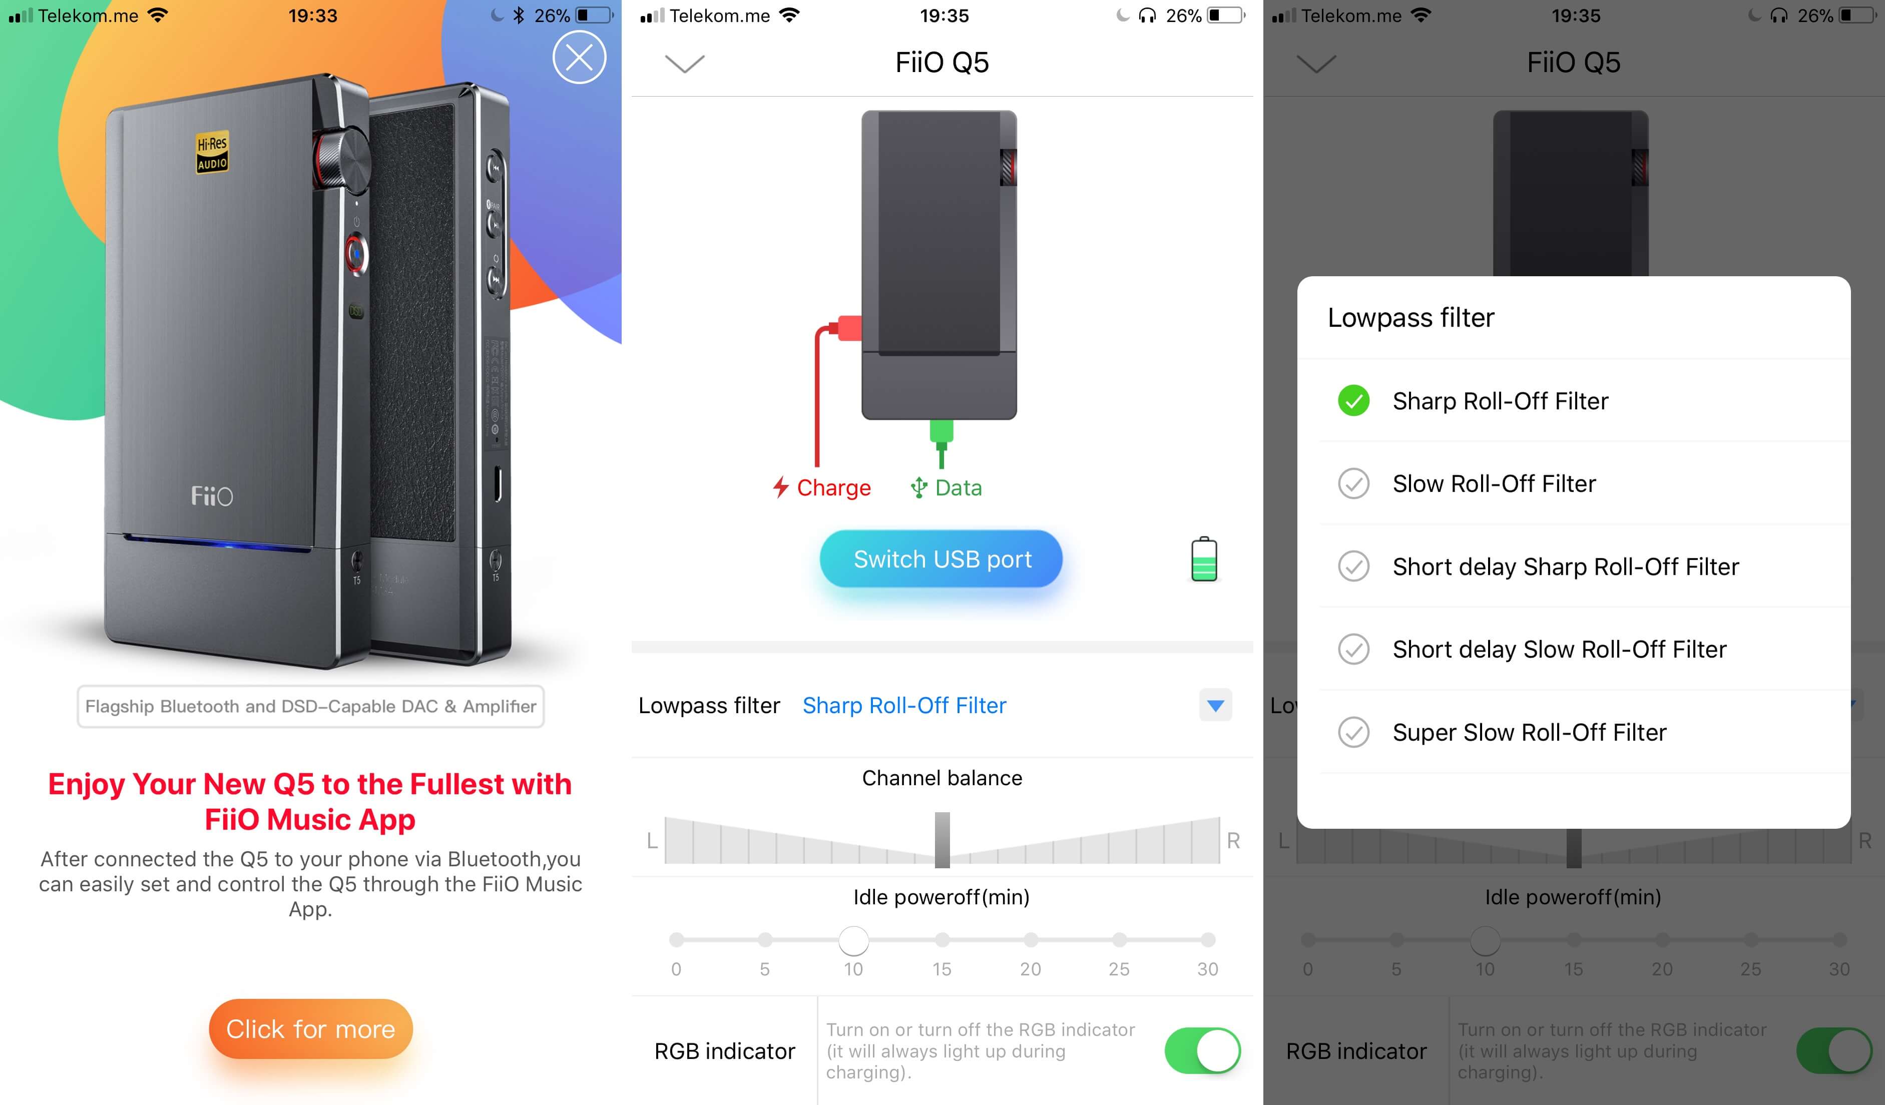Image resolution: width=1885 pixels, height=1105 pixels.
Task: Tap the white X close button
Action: click(x=579, y=57)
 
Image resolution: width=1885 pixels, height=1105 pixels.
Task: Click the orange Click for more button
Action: click(x=310, y=1029)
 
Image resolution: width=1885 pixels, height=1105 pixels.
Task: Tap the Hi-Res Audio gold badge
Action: click(x=212, y=153)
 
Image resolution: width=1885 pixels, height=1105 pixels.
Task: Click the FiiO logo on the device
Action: click(x=212, y=495)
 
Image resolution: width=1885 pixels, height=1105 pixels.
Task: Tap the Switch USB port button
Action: click(x=942, y=559)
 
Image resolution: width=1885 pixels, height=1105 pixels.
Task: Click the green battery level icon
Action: click(x=1204, y=559)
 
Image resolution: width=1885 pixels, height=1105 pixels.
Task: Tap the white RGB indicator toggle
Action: click(x=1203, y=1050)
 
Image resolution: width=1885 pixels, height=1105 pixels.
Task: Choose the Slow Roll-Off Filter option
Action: click(x=1494, y=483)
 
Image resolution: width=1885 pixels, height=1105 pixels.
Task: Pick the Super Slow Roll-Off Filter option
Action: click(x=1530, y=732)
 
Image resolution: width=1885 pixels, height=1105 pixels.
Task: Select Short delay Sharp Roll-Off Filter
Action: click(x=1566, y=567)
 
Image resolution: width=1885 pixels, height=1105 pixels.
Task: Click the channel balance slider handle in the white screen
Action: click(x=943, y=839)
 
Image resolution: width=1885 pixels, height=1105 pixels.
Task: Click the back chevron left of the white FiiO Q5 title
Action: click(x=684, y=64)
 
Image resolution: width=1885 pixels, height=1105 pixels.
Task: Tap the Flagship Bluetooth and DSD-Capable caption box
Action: click(x=310, y=706)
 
